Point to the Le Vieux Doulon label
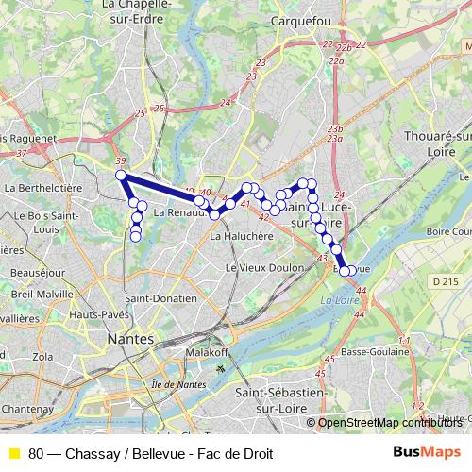pyautogui.click(x=258, y=267)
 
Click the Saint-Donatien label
pyautogui.click(x=161, y=299)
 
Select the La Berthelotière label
pyautogui.click(x=43, y=188)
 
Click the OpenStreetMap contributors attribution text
pyautogui.click(x=387, y=423)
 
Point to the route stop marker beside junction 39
pyautogui.click(x=120, y=175)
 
